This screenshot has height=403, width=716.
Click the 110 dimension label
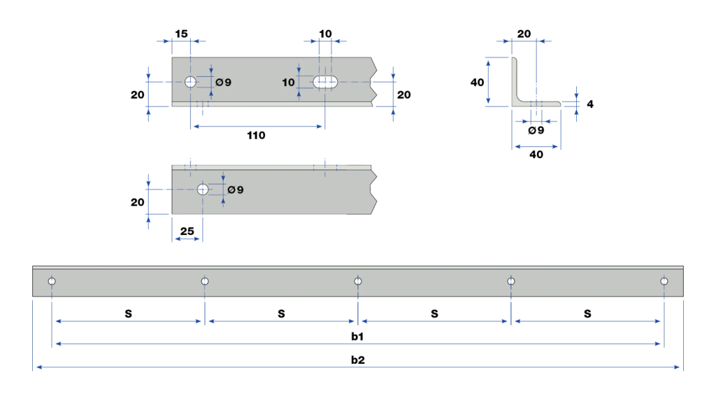click(256, 135)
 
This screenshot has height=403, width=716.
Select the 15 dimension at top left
click(181, 34)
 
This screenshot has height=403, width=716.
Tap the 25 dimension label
click(187, 231)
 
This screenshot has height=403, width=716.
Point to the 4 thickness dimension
click(590, 104)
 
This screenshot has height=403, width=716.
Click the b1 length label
click(357, 337)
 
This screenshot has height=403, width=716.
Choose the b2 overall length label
click(357, 360)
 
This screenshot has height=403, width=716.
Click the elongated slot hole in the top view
click(325, 83)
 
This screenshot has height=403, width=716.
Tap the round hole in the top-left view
click(190, 82)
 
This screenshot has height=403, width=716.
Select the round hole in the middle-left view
click(203, 189)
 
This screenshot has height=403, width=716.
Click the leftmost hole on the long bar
click(52, 281)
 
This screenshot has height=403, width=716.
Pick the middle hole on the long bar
click(358, 281)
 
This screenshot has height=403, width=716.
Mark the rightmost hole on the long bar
click(664, 281)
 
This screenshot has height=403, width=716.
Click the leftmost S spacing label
click(129, 314)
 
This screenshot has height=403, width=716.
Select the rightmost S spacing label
click(587, 314)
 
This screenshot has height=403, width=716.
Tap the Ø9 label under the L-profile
click(536, 131)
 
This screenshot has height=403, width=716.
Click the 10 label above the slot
click(325, 34)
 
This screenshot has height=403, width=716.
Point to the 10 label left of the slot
click(288, 83)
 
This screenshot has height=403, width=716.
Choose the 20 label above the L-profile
click(524, 34)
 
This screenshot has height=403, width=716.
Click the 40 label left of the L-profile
click(477, 83)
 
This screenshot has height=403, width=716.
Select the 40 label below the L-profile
click(536, 155)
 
